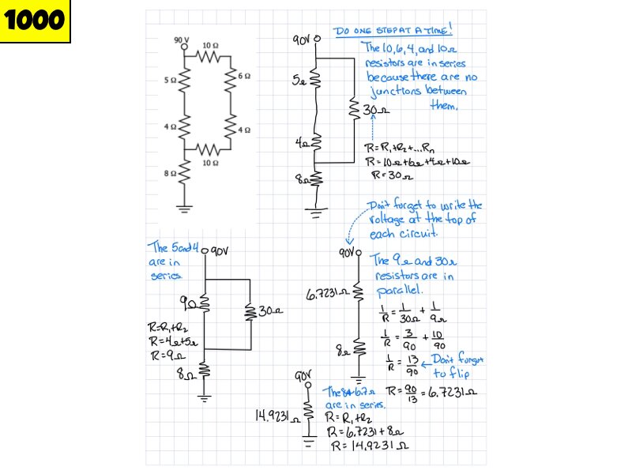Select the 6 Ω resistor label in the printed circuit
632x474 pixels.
(245, 77)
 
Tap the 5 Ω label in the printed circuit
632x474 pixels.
(170, 80)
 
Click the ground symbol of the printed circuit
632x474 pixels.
(186, 209)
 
